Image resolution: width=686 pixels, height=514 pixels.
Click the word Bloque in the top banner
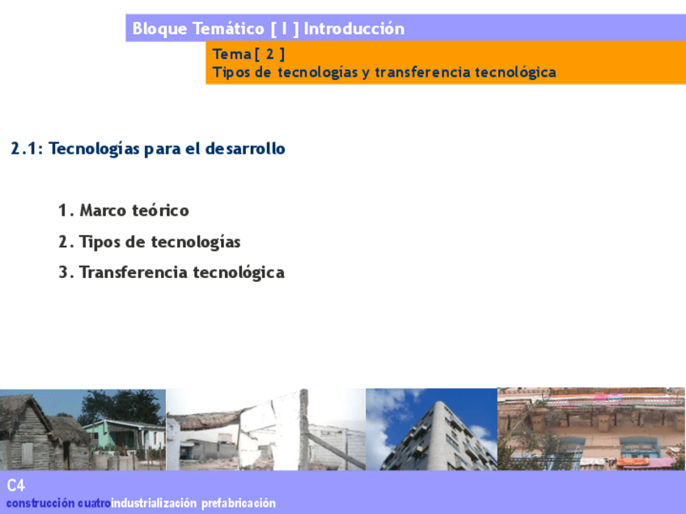159,29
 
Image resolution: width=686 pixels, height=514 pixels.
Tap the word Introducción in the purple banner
354,28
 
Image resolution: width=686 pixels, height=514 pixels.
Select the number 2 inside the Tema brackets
270,54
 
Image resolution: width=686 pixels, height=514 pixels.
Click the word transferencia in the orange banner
422,72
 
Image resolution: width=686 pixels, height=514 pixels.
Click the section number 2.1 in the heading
23,149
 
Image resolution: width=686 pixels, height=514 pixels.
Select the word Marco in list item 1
103,210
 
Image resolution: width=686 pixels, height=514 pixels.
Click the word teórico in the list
160,210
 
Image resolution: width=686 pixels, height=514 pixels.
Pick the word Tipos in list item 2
100,242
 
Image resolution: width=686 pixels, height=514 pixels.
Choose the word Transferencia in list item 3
133,272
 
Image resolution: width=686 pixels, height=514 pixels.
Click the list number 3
64,272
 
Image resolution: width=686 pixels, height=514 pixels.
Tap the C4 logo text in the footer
15,485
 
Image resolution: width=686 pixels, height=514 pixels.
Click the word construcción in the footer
40,503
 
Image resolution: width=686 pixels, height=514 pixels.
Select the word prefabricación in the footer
239,503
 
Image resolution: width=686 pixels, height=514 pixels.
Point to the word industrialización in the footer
154,503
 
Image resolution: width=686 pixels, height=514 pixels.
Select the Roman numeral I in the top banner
285,28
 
